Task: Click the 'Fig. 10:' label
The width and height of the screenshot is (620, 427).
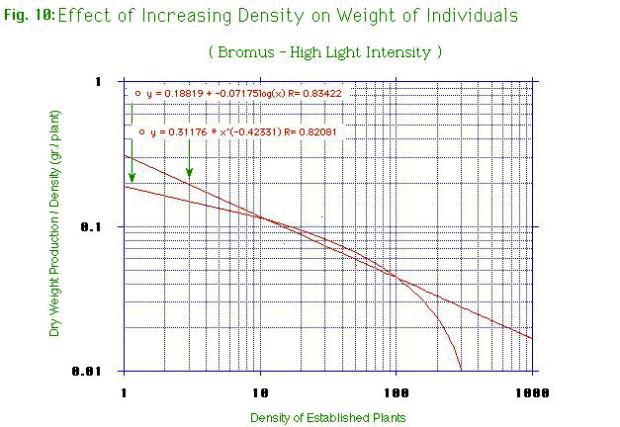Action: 28,17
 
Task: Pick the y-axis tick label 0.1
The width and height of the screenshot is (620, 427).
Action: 103,226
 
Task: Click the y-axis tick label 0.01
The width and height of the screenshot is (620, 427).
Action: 98,372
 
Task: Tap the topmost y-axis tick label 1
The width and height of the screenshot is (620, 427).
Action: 110,82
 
